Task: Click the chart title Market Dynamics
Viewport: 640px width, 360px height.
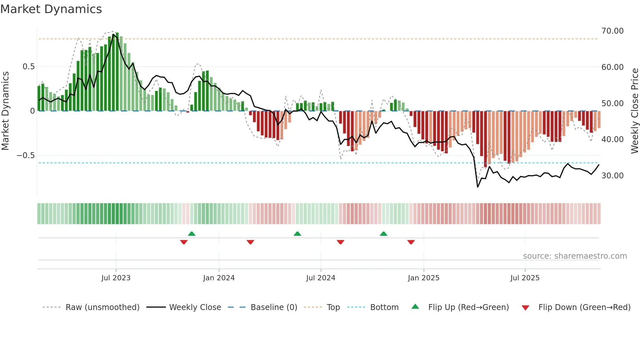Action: [51, 9]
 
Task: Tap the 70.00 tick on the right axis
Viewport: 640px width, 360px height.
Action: [612, 31]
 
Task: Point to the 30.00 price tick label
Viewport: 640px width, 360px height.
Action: [612, 176]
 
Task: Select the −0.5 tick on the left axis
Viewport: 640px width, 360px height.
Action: [25, 155]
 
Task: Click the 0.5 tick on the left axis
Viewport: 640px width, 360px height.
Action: [28, 67]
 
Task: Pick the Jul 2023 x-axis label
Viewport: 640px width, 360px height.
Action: [116, 278]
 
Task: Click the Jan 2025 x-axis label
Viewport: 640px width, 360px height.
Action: [424, 278]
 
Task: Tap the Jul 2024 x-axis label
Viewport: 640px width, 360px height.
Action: [321, 278]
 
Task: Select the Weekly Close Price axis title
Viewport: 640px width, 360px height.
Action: [634, 111]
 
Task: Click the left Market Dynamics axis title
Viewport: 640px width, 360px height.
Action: [5, 111]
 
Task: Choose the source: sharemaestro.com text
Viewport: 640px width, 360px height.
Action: [575, 256]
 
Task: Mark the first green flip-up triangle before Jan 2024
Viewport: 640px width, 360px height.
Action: [192, 234]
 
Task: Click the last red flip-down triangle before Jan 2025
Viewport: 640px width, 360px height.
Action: [411, 242]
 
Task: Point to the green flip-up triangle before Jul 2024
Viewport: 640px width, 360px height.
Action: [297, 234]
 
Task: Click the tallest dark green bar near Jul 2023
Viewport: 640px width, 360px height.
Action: [117, 72]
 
